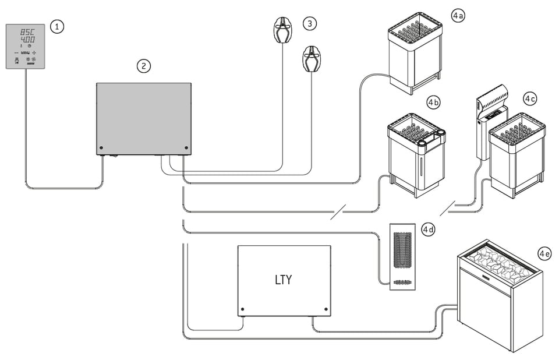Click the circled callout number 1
tap(56, 26)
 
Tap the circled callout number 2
tap(143, 66)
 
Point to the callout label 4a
tap(458, 16)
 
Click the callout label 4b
tap(433, 103)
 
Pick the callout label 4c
tap(529, 98)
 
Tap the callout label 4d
tap(428, 230)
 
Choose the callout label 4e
tap(545, 254)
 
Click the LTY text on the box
tap(283, 280)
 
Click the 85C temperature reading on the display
tap(27, 31)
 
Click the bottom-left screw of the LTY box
tap(242, 309)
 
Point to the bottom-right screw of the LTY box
tap(326, 309)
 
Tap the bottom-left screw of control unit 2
tap(101, 148)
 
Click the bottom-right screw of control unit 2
tap(186, 148)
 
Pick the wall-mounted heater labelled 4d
tap(401, 256)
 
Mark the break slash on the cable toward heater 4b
tap(338, 213)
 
